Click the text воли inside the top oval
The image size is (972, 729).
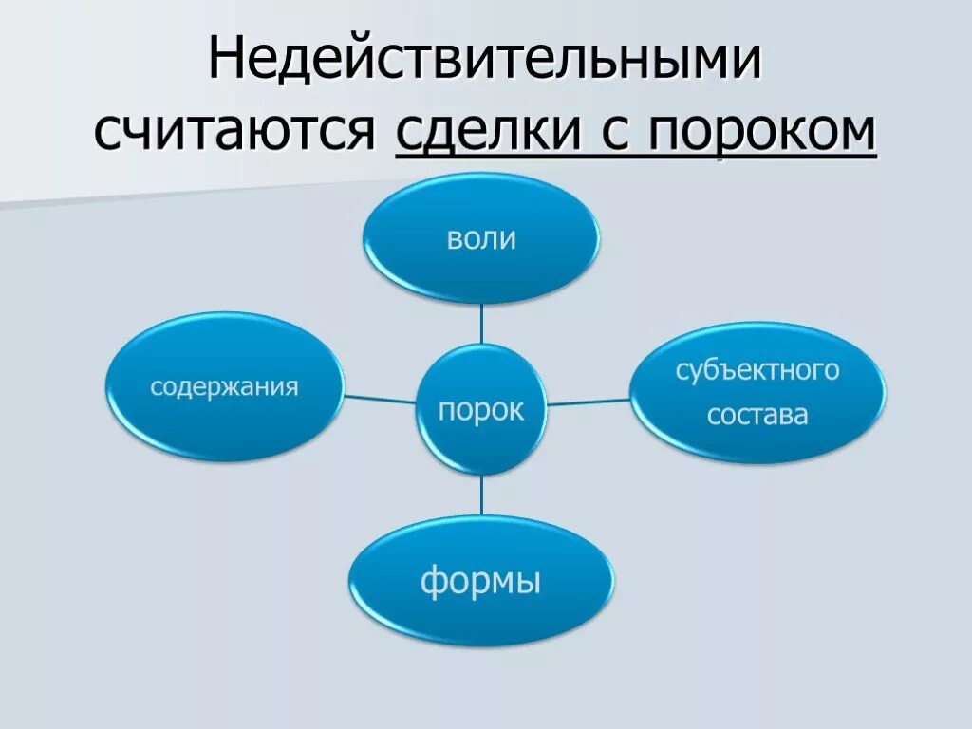tap(480, 237)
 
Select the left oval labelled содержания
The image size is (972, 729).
tap(225, 387)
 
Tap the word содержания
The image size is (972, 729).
tap(225, 387)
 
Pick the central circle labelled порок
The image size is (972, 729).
tap(481, 411)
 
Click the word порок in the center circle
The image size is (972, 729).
tap(481, 411)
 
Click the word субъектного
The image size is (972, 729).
tap(757, 370)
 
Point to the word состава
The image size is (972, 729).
tap(757, 415)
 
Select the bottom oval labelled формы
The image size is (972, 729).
tap(480, 581)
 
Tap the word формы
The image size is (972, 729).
tap(480, 581)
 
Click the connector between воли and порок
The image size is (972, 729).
tap(481, 324)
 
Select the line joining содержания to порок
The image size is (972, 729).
tap(379, 398)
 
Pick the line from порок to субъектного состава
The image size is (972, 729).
tap(589, 402)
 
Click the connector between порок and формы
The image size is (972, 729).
tap(482, 496)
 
